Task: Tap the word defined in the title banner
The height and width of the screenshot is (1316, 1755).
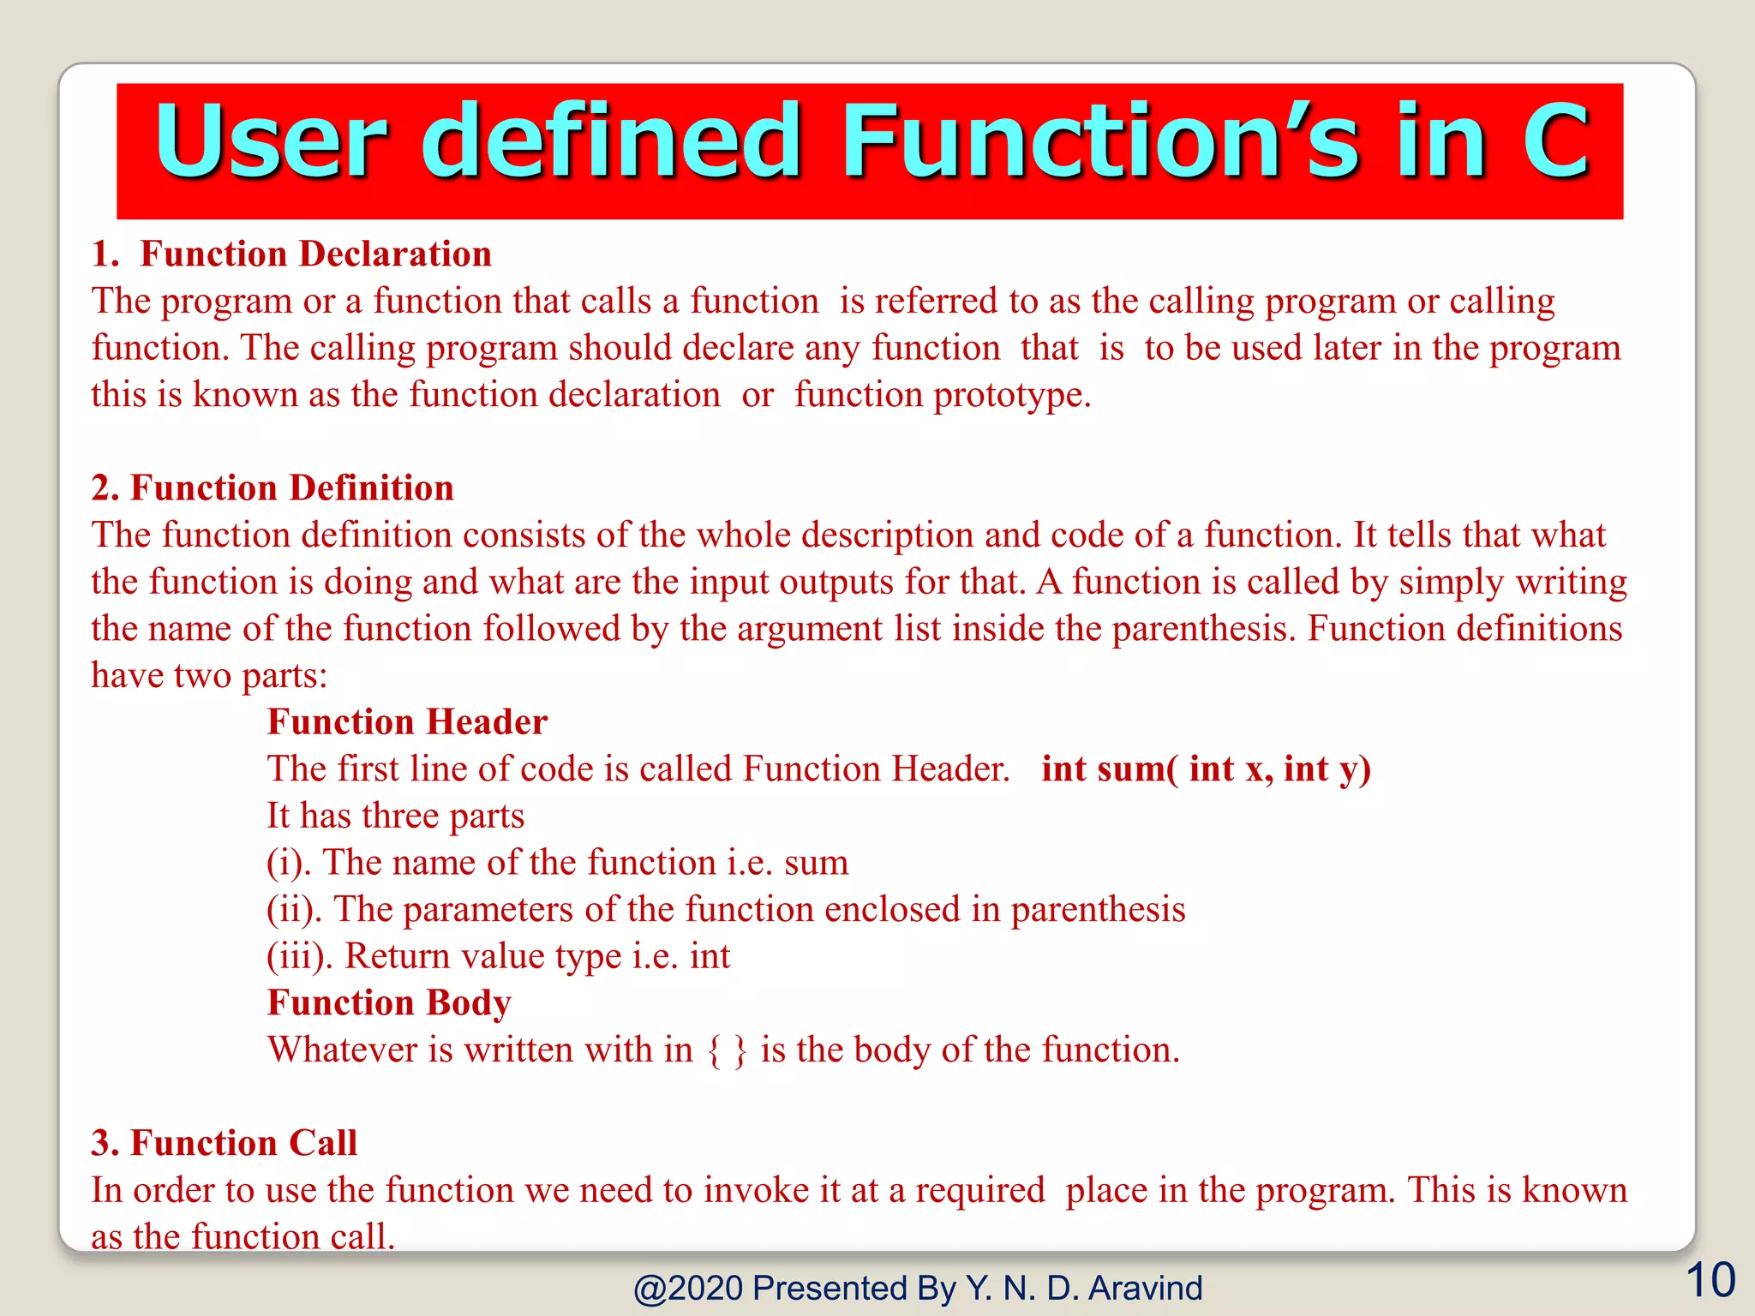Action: point(611,141)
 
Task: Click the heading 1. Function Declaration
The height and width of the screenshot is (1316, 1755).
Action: point(291,254)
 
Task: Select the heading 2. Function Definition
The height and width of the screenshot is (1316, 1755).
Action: point(273,488)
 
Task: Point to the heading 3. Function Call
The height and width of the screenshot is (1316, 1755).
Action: point(224,1143)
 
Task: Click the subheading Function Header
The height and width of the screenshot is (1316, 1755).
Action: point(407,722)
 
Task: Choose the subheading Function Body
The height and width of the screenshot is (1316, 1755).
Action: point(389,1002)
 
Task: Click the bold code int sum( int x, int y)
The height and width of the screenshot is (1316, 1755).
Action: point(1206,769)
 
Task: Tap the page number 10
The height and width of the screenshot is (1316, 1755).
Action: point(1710,1281)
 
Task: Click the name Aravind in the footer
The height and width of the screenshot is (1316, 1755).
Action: point(1145,1289)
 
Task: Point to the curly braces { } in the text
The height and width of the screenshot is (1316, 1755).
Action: point(727,1050)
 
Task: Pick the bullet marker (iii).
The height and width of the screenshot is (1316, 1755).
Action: point(300,957)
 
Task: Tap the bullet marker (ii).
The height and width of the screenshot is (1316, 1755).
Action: point(294,910)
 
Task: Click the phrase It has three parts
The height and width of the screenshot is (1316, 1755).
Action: point(395,816)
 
